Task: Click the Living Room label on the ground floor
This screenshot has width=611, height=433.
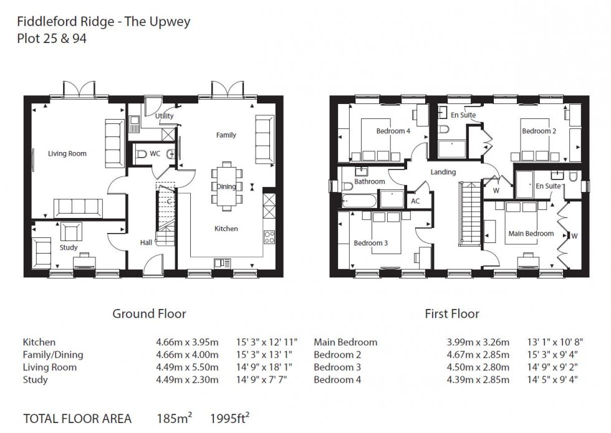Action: pos(67,153)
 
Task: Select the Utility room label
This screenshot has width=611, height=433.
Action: pos(165,116)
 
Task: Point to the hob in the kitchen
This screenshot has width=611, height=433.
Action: pos(270,237)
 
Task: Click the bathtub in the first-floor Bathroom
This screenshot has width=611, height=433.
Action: pos(359,201)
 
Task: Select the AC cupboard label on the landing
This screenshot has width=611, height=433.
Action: pos(416,201)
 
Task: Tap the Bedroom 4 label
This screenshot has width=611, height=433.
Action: pos(393,131)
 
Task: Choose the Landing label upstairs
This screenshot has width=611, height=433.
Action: pos(443,172)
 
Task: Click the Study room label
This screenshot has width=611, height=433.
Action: pos(69,247)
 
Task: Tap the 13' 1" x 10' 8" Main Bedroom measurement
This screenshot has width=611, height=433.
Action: pos(549,342)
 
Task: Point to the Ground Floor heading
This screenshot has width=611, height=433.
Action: pos(149,314)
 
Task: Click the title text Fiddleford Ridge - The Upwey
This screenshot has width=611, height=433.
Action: pos(103,22)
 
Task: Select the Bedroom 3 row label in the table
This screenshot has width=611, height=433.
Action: pos(337,367)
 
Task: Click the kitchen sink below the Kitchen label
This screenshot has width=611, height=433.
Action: pos(221,263)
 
